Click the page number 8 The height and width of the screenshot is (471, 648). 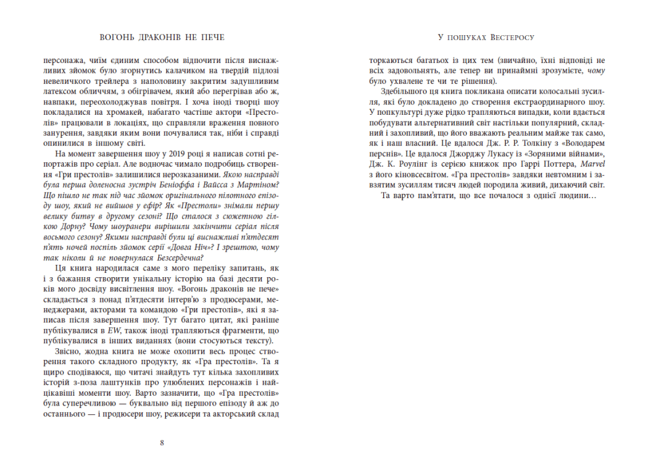pyautogui.click(x=162, y=442)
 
